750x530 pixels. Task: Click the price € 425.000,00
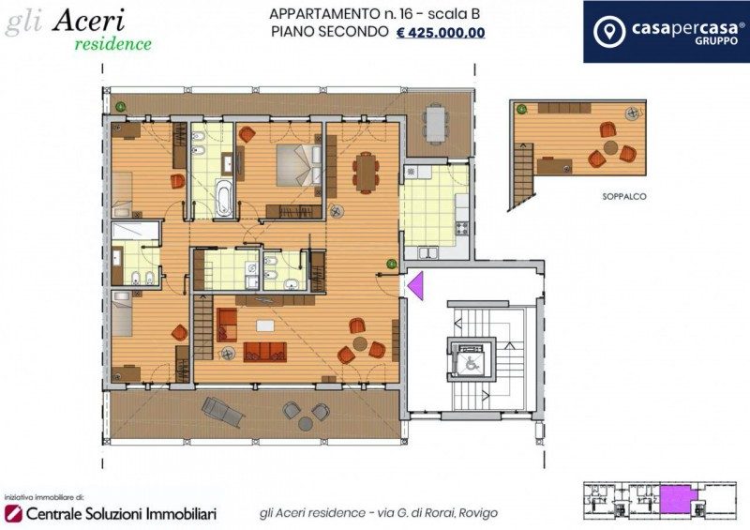[441, 33]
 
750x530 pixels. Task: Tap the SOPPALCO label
[624, 196]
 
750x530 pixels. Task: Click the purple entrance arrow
[415, 286]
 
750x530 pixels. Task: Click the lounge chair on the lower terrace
[223, 412]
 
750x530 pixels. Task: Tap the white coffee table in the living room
[265, 326]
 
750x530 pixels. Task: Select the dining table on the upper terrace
[436, 124]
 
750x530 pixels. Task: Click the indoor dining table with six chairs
[366, 173]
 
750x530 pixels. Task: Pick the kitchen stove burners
[462, 228]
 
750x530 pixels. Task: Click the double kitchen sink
[428, 252]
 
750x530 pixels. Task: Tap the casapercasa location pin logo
[608, 32]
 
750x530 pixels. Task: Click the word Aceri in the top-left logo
[88, 21]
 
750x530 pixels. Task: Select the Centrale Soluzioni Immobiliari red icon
[13, 513]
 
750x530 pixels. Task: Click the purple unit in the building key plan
[676, 498]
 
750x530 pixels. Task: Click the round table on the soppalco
[611, 147]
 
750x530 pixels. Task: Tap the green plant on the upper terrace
[121, 106]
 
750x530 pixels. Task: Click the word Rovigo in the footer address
[478, 513]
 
